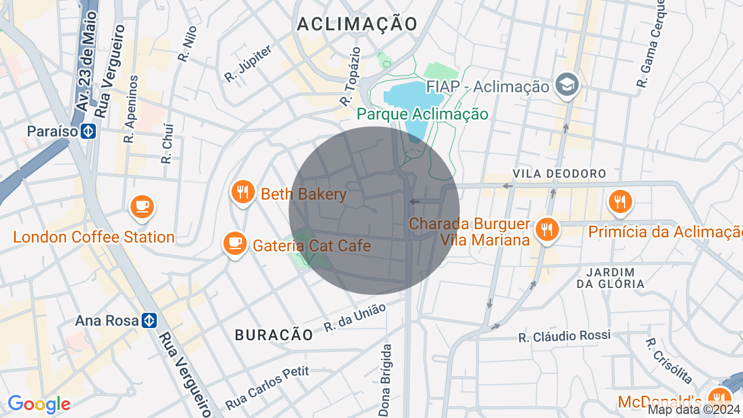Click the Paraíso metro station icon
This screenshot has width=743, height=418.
click(x=88, y=132)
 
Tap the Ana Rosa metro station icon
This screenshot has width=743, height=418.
click(x=149, y=320)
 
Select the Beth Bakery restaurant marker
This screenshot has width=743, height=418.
click(x=243, y=192)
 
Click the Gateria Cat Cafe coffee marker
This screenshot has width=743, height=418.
click(x=235, y=244)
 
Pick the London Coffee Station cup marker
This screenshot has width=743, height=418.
click(x=142, y=207)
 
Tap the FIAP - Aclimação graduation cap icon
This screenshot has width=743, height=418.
click(x=565, y=85)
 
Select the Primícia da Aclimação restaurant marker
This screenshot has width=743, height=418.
click(x=621, y=202)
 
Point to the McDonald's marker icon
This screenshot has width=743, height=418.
click(x=720, y=398)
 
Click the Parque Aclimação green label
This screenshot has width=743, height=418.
click(x=422, y=114)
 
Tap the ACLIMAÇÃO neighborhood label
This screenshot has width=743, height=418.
click(x=357, y=24)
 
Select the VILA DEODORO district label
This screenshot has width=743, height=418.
click(x=559, y=174)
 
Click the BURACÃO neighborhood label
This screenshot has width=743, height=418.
click(x=274, y=334)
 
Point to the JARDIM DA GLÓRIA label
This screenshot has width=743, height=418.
click(x=610, y=278)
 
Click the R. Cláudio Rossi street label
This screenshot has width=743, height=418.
click(x=564, y=336)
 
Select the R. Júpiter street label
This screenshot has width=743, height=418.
click(x=248, y=63)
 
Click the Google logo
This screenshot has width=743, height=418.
click(x=39, y=404)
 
